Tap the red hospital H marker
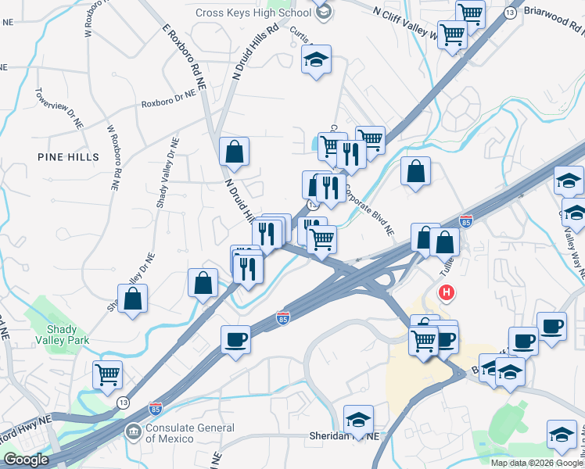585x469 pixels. (447, 293)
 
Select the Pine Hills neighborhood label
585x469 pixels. (69, 157)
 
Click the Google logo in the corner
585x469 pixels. (26, 460)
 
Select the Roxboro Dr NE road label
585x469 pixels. (167, 101)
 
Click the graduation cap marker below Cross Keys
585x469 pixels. (316, 59)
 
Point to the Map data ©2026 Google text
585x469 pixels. (537, 463)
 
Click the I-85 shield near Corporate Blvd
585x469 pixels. (466, 222)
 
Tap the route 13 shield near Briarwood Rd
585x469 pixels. (510, 13)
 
